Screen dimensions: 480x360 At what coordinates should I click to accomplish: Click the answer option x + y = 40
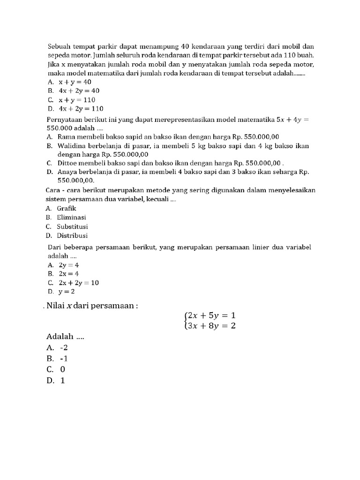pos(75,82)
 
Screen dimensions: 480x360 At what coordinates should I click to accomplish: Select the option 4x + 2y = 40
pos(79,90)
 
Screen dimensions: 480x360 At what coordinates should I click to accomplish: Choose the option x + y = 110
pos(76,100)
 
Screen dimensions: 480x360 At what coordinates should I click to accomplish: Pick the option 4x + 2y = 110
pos(81,109)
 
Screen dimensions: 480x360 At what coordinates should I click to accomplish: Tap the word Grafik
pos(67,208)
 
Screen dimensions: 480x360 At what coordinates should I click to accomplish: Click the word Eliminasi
pos(71,217)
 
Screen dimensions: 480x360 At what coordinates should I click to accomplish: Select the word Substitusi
pos(73,226)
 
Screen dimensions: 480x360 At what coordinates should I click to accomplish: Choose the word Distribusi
pos(72,236)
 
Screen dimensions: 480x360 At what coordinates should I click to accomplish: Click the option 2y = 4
pos(69,264)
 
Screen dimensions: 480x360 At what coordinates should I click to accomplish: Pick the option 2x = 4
pos(69,273)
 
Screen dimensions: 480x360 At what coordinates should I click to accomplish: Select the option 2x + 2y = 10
pos(79,283)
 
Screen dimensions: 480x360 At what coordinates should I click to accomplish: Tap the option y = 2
pos(67,292)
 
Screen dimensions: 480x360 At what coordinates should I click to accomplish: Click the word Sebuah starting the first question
pos(60,46)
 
